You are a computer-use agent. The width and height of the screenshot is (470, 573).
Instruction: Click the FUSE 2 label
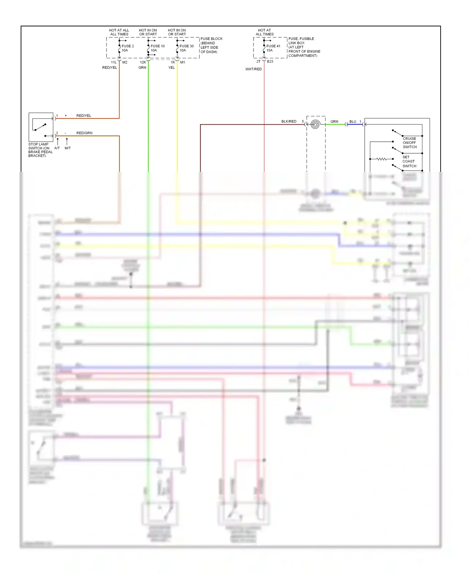pos(128,46)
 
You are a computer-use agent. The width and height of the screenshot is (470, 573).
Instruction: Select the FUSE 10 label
pos(157,46)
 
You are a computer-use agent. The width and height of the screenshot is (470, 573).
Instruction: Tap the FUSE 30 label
pos(186,46)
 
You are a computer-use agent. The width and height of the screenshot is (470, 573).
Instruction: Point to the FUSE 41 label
pos(273,46)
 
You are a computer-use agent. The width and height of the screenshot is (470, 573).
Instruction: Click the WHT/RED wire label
pos(253,69)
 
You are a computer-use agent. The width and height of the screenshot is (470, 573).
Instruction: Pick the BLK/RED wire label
pos(289,121)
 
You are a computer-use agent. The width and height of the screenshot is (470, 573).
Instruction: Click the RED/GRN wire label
pos(84,133)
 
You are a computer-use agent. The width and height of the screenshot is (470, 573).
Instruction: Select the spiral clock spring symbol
pos(315,124)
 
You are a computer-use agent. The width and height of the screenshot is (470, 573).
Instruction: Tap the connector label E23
pos(270,61)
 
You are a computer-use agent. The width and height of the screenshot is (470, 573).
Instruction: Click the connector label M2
pos(125,62)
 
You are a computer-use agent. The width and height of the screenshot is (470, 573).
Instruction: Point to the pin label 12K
pos(143,62)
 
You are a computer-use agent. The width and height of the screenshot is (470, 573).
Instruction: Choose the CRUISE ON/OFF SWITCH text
pos(410,143)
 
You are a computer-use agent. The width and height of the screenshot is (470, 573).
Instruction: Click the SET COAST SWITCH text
pos(409,161)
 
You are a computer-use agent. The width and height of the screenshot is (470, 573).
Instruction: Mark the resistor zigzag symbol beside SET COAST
pos(381,159)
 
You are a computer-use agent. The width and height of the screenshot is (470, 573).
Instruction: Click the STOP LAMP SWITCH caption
pos(40,150)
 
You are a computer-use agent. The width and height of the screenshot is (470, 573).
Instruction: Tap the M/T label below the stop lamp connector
pos(68,148)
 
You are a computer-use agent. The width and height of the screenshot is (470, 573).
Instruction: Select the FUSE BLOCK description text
pos(211,45)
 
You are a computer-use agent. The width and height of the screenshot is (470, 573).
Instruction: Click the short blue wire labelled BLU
pos(355,124)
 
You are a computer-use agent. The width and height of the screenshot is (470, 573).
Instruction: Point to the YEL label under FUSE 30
pos(171,67)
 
